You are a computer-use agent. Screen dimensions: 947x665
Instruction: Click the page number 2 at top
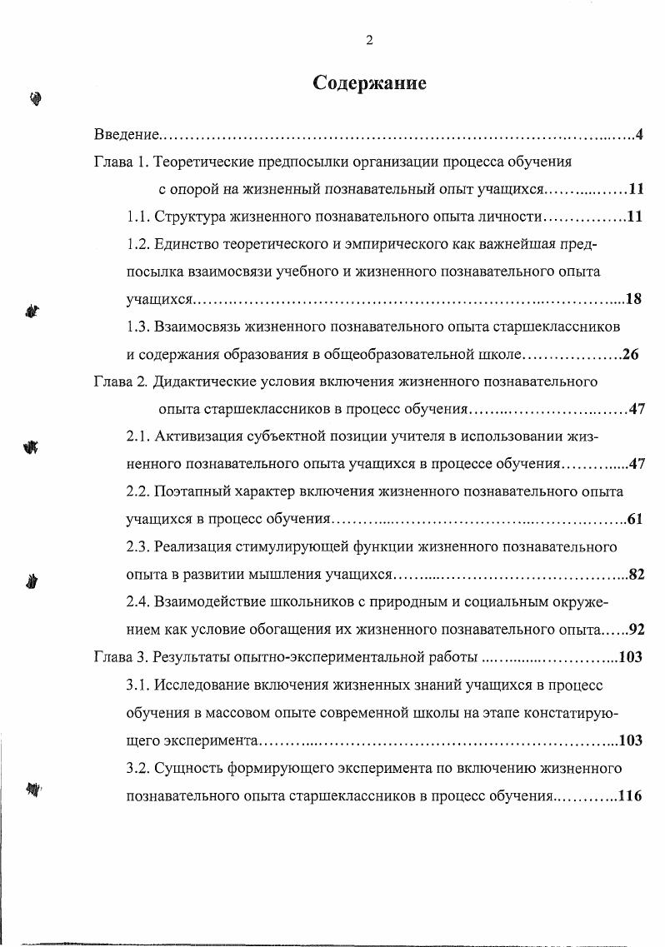[369, 41]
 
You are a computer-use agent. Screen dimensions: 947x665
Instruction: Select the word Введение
[125, 135]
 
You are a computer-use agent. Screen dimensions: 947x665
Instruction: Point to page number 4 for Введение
[638, 135]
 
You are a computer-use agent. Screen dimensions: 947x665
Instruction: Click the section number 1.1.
[138, 217]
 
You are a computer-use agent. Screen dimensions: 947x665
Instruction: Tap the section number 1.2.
[138, 245]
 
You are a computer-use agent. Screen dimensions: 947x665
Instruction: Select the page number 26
[630, 354]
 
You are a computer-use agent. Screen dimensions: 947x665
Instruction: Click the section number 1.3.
[138, 326]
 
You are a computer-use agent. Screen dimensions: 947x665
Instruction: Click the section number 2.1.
[138, 436]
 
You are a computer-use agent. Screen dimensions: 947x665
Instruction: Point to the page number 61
[634, 519]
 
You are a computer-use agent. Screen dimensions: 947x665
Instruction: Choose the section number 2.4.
[138, 601]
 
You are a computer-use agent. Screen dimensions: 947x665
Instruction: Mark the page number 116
[630, 795]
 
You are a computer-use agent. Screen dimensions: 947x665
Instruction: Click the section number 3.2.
[138, 766]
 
